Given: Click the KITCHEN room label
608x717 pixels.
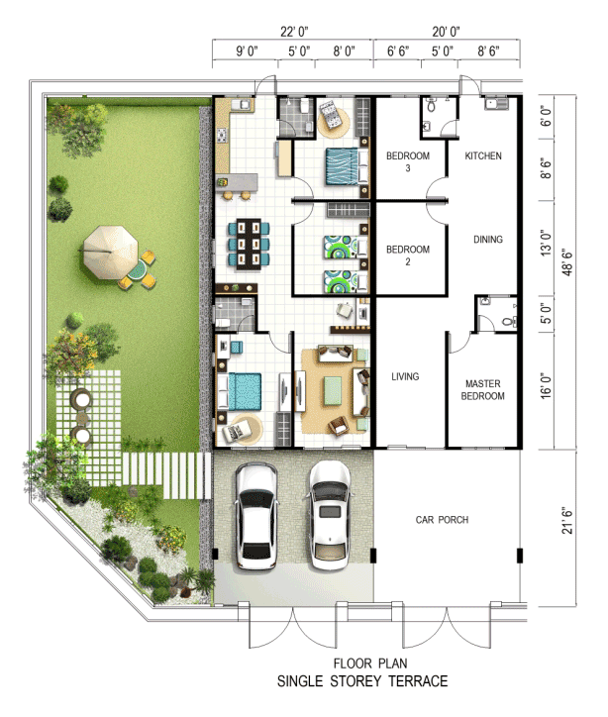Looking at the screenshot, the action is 483,155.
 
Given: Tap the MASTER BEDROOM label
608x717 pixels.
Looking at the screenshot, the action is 483,390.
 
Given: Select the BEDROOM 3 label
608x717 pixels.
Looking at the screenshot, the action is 408,161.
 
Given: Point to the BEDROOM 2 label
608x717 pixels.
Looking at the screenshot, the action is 408,256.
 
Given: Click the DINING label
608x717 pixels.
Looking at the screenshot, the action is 488,239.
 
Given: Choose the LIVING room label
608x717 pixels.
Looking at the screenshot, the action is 405,376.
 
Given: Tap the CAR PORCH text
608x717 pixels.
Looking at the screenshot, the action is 442,520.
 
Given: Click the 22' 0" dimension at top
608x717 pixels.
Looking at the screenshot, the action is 294,32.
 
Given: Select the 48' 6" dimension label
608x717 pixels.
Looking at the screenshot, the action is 566,262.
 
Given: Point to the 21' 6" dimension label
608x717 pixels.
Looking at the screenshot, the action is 566,520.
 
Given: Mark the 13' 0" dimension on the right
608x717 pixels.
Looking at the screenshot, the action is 546,243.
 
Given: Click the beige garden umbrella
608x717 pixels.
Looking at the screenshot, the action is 110,252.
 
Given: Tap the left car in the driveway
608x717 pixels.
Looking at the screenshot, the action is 256,516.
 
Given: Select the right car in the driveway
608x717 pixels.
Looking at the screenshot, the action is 330,515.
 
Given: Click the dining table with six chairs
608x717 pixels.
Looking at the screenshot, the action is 249,245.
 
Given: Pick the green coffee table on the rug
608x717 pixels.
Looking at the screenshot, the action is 333,390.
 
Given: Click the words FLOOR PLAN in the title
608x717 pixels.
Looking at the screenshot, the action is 370,664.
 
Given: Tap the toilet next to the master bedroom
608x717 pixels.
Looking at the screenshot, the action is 508,322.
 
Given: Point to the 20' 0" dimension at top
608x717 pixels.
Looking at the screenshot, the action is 446,32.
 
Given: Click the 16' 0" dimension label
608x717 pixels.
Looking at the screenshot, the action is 546,385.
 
